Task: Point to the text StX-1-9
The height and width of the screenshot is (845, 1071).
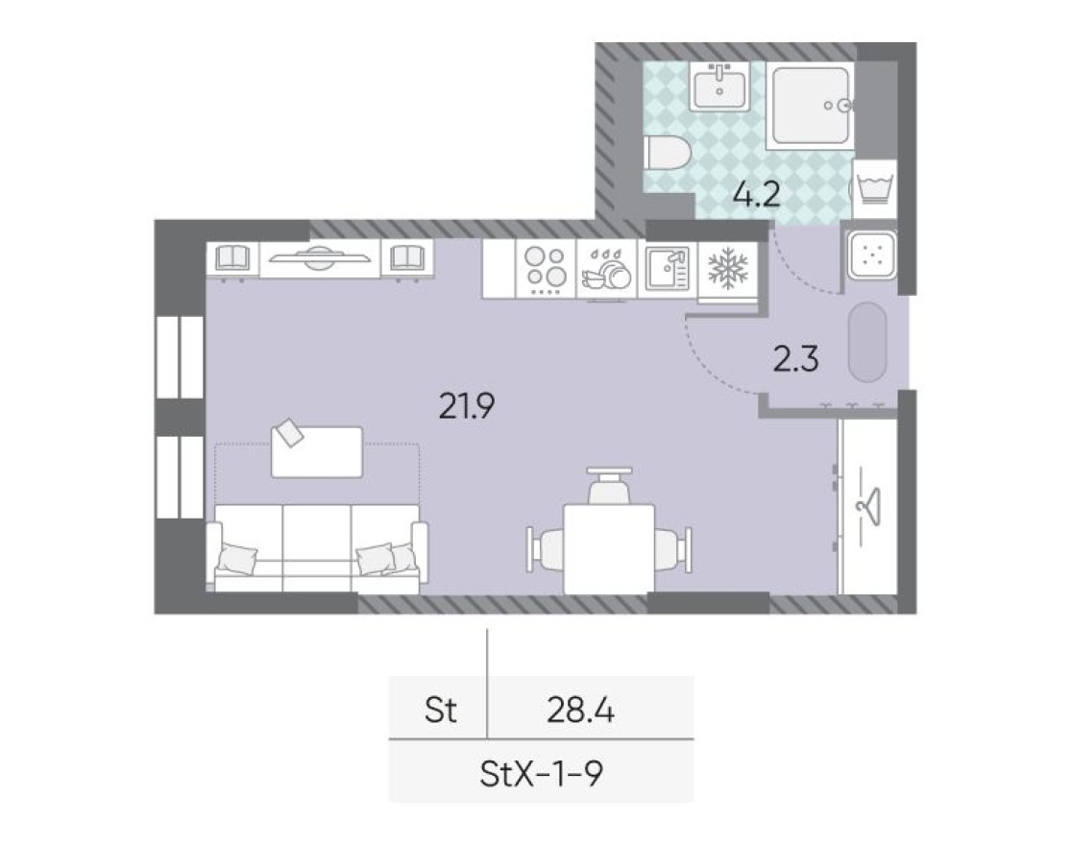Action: click(540, 772)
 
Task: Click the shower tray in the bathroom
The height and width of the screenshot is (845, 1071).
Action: click(809, 106)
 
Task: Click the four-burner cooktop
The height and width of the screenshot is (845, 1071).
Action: click(545, 270)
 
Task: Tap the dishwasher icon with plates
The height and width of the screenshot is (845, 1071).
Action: click(605, 270)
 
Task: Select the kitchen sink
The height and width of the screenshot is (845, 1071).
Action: click(667, 269)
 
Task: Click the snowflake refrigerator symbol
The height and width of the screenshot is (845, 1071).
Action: click(728, 270)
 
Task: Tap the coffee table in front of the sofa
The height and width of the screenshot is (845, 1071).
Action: click(317, 451)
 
